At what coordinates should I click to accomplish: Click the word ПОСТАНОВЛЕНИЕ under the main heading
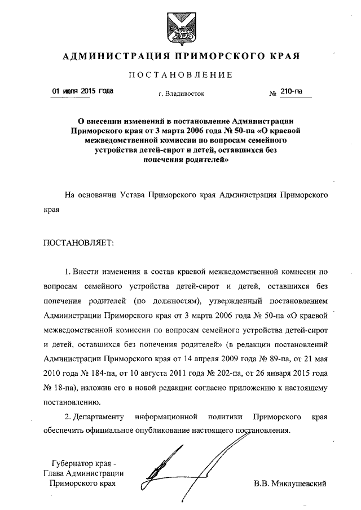(180, 75)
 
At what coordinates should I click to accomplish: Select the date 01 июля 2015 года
(82, 91)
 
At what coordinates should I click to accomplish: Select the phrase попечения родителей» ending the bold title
(180, 159)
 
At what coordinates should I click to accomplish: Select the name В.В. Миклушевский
(290, 483)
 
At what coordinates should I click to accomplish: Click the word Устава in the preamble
(132, 196)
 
